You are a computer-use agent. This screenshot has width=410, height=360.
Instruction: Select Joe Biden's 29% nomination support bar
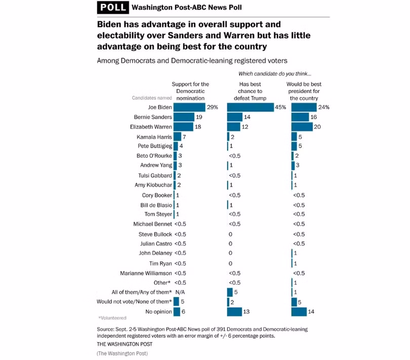pyautogui.click(x=189, y=107)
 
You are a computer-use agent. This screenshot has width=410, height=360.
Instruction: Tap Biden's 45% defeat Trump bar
pyautogui.click(x=251, y=107)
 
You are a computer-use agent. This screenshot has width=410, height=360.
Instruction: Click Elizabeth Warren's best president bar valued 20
pyautogui.click(x=302, y=127)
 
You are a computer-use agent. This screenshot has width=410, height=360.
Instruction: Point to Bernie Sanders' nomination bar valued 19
pyautogui.click(x=183, y=117)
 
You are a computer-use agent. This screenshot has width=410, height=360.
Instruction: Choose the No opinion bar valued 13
pyautogui.click(x=235, y=312)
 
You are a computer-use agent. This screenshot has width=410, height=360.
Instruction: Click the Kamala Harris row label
pyautogui.click(x=154, y=137)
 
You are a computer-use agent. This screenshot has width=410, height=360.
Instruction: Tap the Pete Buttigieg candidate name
pyautogui.click(x=154, y=147)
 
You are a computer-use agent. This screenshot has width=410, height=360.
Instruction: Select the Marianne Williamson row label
pyautogui.click(x=146, y=273)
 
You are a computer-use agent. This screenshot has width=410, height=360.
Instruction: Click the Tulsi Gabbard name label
pyautogui.click(x=155, y=175)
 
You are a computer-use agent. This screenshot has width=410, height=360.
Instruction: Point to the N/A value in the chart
pyautogui.click(x=179, y=292)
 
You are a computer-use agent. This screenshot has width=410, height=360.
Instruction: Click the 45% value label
pyautogui.click(x=281, y=108)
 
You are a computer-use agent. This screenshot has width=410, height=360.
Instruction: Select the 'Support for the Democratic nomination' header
pyautogui.click(x=190, y=91)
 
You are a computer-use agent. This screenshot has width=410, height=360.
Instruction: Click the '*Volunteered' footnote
pyautogui.click(x=112, y=318)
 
